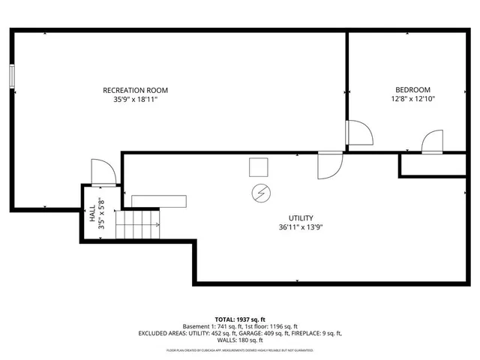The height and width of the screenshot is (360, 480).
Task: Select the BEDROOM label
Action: coord(412,89)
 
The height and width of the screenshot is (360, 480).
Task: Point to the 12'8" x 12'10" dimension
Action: coord(412,98)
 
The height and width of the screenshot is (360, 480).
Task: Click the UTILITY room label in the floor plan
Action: coord(301,217)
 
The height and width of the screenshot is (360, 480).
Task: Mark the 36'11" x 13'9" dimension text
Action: coord(301,227)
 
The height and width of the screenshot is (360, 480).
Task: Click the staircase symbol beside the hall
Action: coord(140,224)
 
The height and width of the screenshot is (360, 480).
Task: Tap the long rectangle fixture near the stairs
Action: coord(158,200)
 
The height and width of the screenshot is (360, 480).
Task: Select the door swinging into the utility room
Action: coord(329,166)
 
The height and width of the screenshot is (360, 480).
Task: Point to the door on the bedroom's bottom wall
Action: coord(432,142)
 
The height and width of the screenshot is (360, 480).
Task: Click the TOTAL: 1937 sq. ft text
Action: coord(240,319)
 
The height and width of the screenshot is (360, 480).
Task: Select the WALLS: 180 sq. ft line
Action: coord(240,341)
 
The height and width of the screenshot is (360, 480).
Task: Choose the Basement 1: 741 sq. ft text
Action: coord(211,326)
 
